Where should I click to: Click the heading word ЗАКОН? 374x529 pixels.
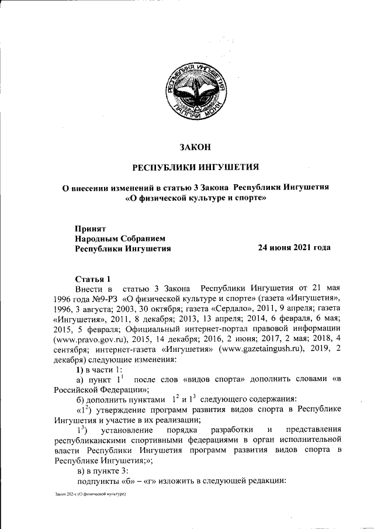point(195,147)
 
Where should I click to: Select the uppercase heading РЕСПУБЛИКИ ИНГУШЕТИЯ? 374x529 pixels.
point(195,168)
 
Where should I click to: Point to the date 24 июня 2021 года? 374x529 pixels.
point(295,248)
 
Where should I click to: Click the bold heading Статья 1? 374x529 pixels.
point(93,278)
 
